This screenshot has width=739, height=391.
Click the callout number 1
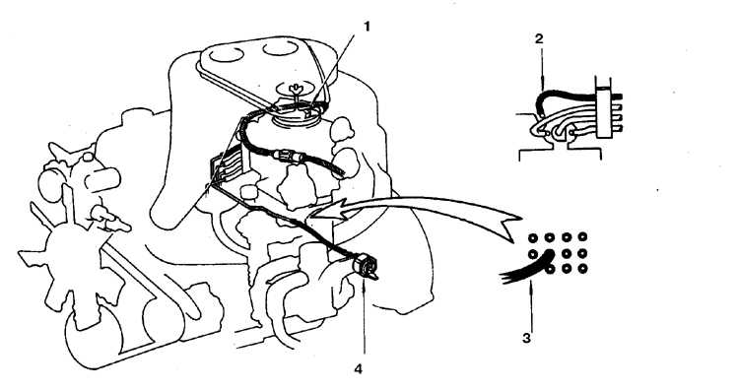[367, 27]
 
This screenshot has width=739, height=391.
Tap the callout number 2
[539, 38]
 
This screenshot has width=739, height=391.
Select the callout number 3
[526, 338]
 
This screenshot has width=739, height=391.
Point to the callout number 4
[359, 369]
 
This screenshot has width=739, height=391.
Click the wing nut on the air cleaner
[296, 87]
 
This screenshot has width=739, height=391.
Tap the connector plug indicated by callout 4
[366, 265]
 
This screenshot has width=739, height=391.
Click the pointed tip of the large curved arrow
[307, 218]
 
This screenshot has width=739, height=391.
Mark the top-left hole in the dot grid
[533, 237]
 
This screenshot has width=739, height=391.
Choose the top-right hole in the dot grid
[582, 237]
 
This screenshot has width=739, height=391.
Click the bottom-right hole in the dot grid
[582, 269]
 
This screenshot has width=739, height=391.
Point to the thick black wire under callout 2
[572, 96]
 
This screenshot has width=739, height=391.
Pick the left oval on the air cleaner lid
[227, 55]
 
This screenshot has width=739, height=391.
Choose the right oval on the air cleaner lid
[281, 48]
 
